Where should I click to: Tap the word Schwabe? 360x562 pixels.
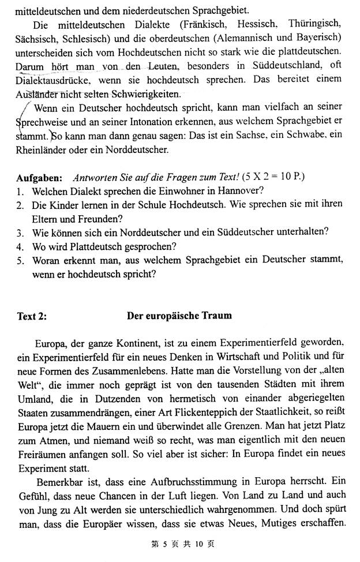pos(310,136)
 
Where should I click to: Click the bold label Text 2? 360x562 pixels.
pos(33,316)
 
